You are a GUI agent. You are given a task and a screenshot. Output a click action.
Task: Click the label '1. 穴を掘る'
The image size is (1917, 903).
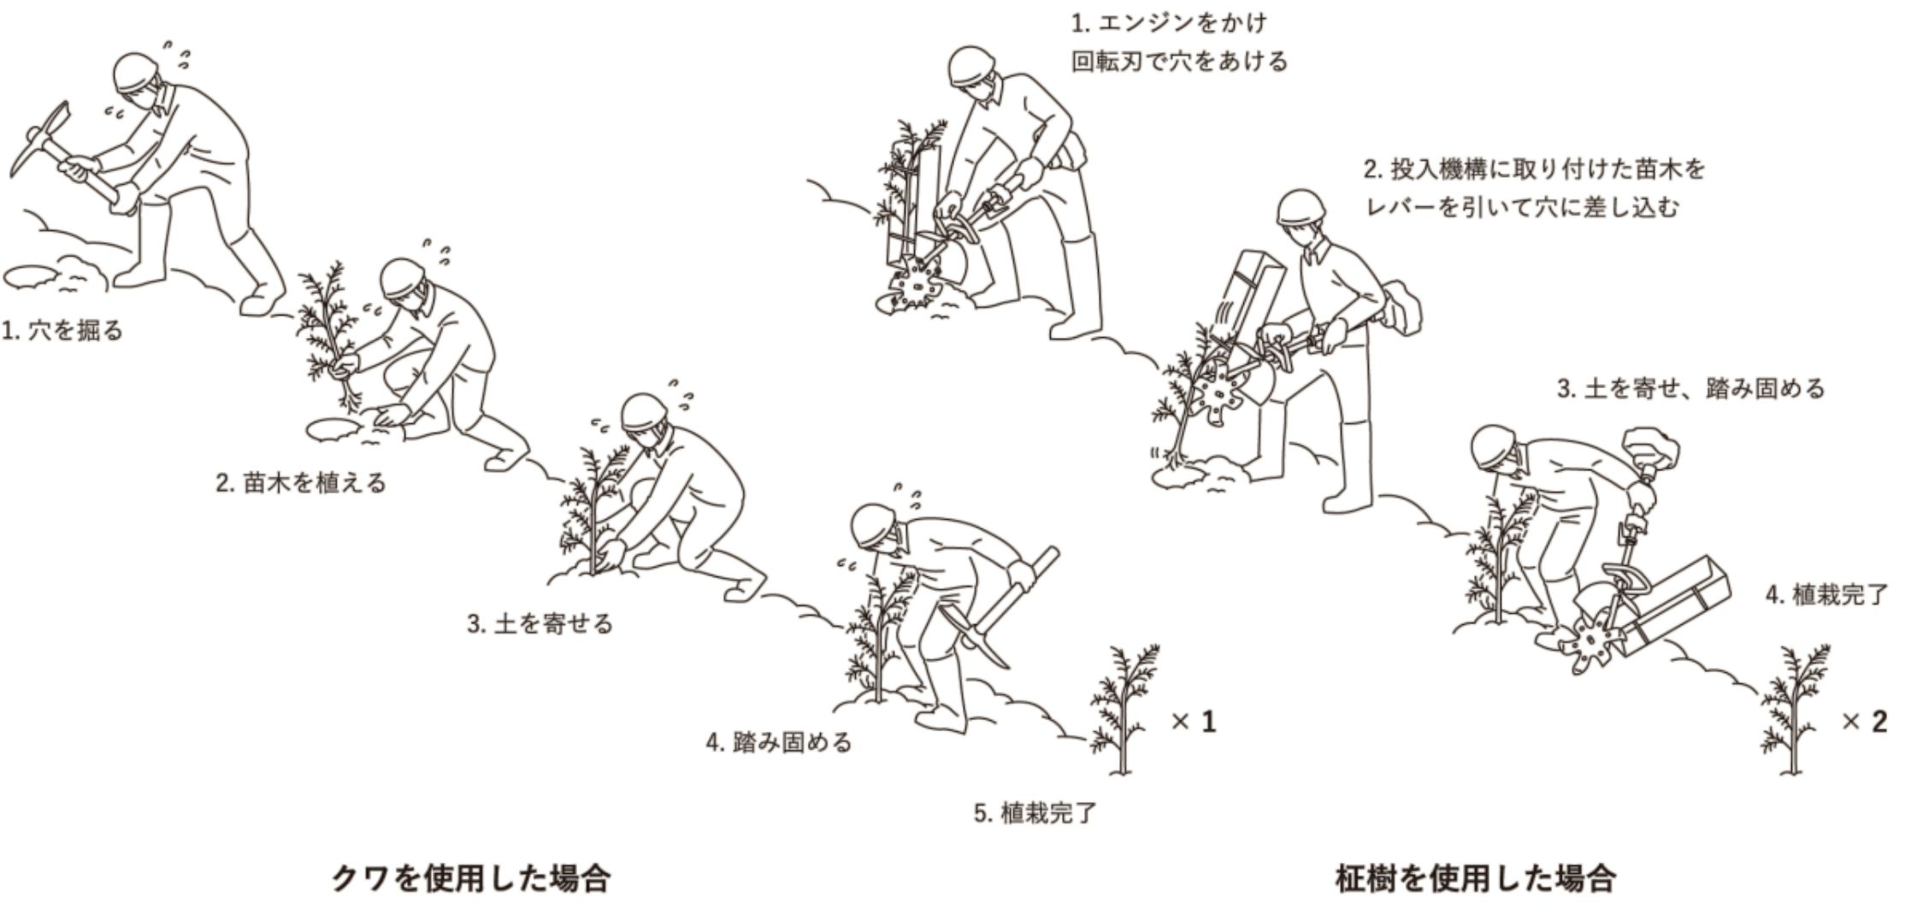click(x=62, y=330)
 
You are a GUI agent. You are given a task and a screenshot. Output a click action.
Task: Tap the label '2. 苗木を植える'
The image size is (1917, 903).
click(x=301, y=483)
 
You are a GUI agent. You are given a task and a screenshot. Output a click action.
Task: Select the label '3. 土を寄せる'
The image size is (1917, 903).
click(x=540, y=623)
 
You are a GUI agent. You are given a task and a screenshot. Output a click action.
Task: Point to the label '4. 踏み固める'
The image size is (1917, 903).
click(x=779, y=742)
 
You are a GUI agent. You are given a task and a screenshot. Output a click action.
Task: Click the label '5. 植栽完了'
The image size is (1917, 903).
click(x=1035, y=812)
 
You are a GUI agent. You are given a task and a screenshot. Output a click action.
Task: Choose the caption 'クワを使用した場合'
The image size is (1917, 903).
click(x=470, y=878)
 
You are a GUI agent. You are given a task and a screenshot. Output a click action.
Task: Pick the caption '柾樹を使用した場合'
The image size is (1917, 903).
click(x=1475, y=878)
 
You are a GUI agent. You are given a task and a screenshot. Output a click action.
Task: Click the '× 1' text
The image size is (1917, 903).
click(x=1194, y=722)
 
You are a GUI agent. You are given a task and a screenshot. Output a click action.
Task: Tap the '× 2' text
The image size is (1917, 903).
click(x=1864, y=722)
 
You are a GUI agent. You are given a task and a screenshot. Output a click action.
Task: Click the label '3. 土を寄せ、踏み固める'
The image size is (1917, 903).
click(x=1690, y=389)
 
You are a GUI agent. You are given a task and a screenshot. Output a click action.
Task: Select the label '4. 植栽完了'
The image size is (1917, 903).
click(x=1826, y=594)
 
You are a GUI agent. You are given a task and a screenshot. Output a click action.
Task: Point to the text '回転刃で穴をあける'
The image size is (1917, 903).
click(x=1179, y=62)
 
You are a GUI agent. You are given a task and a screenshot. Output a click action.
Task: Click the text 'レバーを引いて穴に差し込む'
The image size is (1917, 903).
click(x=1522, y=207)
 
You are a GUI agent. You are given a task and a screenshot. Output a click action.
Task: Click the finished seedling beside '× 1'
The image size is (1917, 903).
click(x=1124, y=710)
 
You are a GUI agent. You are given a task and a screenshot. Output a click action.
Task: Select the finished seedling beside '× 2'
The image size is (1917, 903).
click(x=1794, y=710)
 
